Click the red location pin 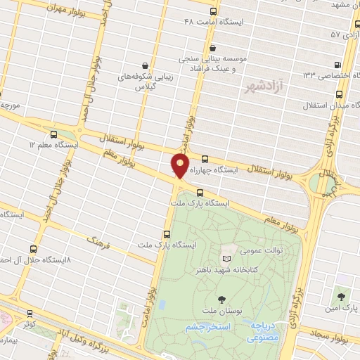coord(181,166)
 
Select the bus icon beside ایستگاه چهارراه coord(205,159)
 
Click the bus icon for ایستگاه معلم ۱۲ coord(54,134)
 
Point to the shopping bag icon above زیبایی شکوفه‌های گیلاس coord(145,65)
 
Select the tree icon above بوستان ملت coord(223,281)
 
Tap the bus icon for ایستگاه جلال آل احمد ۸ coord(34,249)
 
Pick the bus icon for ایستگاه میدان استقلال coord(340,94)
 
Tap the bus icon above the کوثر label coord(29,314)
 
